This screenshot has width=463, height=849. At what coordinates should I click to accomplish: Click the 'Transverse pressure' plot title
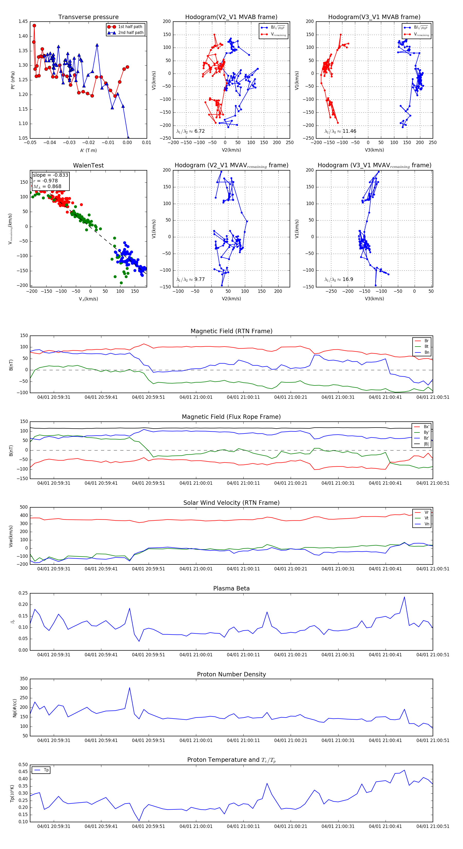click(x=88, y=17)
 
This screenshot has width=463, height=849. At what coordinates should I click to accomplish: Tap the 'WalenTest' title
click(x=88, y=165)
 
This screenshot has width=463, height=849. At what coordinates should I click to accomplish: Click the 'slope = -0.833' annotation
click(x=50, y=175)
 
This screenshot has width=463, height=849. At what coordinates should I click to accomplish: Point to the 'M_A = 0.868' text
click(x=47, y=187)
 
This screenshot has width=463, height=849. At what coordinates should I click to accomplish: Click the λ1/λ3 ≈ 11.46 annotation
click(x=340, y=131)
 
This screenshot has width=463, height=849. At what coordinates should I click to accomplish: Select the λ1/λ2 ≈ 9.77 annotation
click(x=190, y=279)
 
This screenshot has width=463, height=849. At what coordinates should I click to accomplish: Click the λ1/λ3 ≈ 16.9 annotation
click(x=339, y=279)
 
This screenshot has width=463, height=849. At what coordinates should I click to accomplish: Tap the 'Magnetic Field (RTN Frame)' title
click(x=231, y=331)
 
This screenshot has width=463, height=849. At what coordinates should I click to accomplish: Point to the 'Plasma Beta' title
click(x=231, y=589)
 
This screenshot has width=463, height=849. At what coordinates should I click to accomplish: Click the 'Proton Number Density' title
click(x=231, y=674)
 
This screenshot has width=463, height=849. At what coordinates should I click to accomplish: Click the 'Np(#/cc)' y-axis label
click(x=14, y=707)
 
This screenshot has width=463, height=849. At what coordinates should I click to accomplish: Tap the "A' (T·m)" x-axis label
click(x=88, y=151)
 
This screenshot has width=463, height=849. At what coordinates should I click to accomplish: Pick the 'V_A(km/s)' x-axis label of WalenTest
click(x=88, y=299)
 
